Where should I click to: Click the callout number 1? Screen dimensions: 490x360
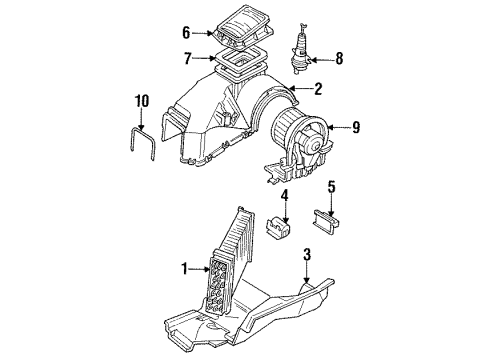pos(185,269)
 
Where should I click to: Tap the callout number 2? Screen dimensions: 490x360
pos(318,89)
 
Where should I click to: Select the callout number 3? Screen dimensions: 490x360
pos(307,254)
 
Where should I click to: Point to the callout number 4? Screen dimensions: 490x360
pos(284,196)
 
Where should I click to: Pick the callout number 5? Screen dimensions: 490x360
pos(331,187)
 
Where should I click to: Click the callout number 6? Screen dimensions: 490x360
pos(186,33)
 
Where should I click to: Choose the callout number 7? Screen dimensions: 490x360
pos(188,59)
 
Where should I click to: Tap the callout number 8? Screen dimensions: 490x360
pos(339,59)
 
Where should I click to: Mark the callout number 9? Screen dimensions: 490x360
pos(356,127)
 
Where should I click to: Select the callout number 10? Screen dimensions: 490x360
pos(142,101)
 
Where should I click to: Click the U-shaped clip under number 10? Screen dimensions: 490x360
pos(142,143)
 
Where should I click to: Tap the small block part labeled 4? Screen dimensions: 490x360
pos(278,227)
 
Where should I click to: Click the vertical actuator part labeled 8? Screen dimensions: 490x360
pos(300,49)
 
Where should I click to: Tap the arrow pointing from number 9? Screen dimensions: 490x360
pos(339,127)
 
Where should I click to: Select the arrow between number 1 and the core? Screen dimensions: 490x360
pos(200,268)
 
